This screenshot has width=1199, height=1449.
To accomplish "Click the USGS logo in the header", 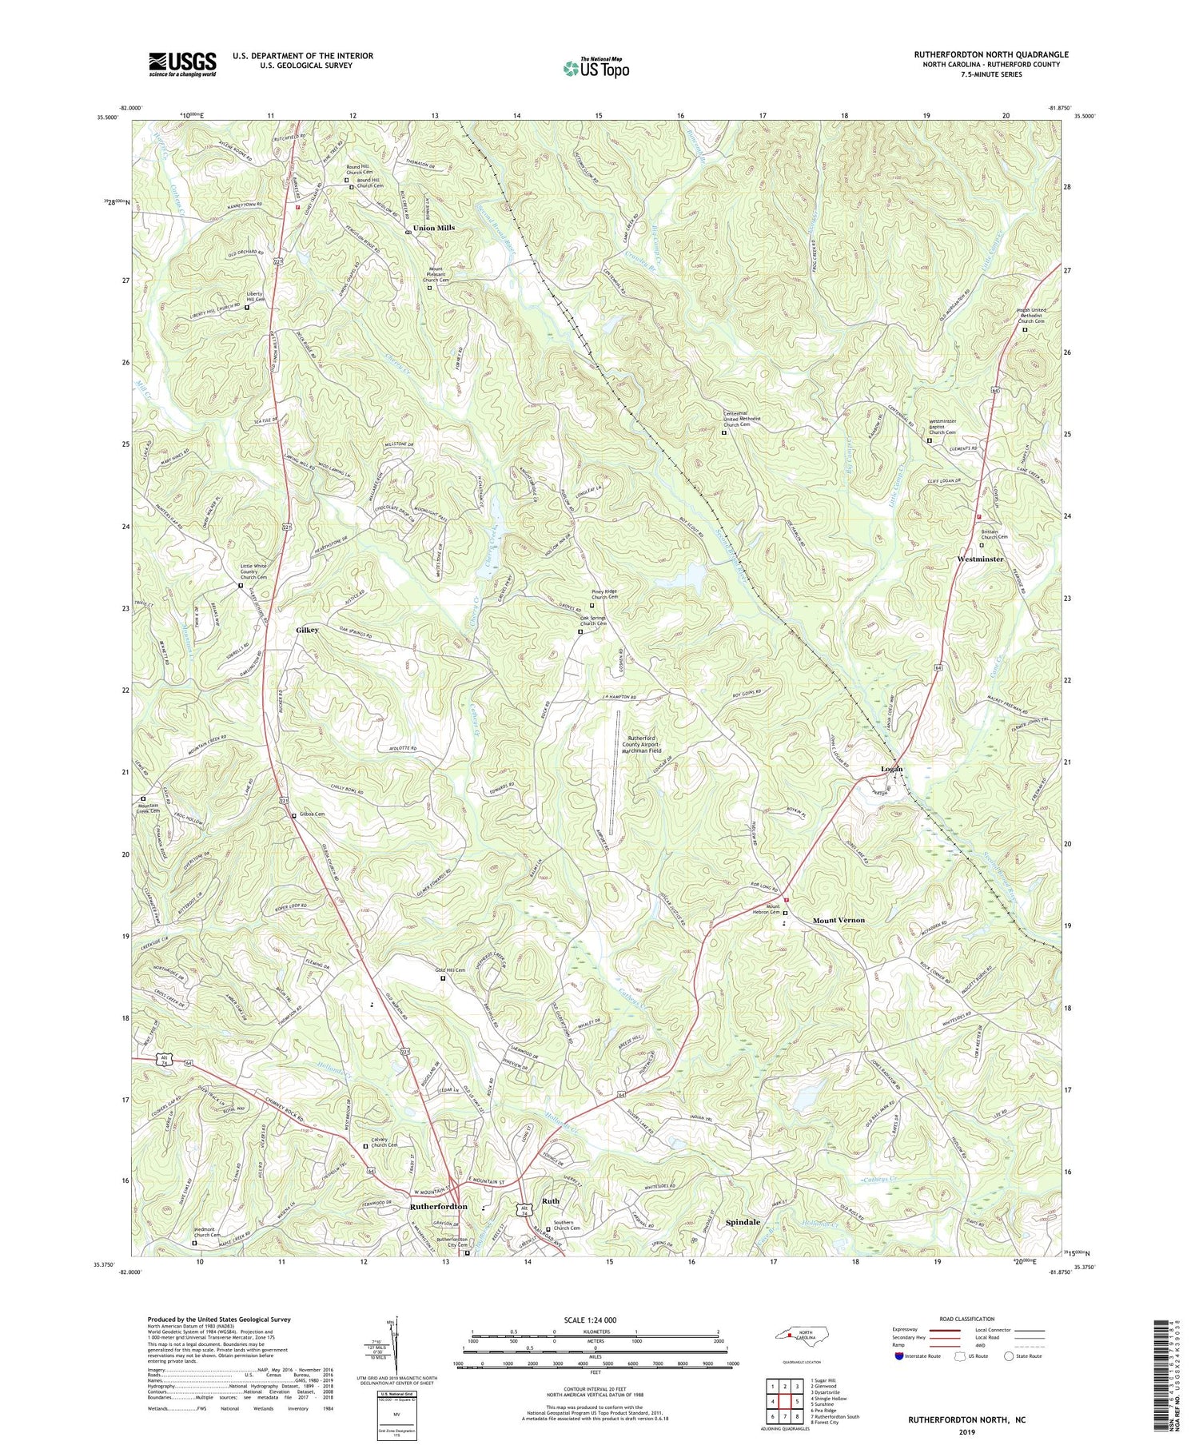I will click(182, 64).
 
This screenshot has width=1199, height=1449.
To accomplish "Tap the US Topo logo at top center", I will click(596, 68).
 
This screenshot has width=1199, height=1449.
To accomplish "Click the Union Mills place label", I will click(434, 228).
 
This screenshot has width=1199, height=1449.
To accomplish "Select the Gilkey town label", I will click(303, 630).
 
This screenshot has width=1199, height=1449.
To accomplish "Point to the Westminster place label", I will click(979, 559).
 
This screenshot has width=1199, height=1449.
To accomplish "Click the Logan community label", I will click(891, 769).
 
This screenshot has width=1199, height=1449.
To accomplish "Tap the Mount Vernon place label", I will click(839, 920).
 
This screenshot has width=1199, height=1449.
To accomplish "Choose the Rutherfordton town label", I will click(438, 1206).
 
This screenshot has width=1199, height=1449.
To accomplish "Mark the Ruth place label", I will click(551, 1201).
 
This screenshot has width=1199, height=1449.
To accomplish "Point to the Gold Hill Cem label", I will click(450, 970).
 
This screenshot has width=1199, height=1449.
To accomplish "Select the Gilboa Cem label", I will click(313, 814).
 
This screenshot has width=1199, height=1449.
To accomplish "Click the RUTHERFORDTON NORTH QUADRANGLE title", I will click(991, 54).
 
